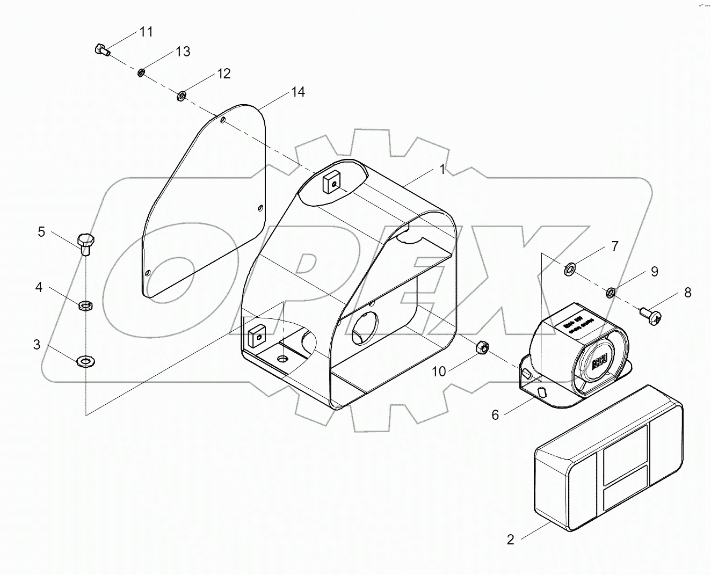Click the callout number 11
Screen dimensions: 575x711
pyautogui.click(x=146, y=32)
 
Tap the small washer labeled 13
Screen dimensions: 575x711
pyautogui.click(x=141, y=72)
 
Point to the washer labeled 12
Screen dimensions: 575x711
pyautogui.click(x=182, y=96)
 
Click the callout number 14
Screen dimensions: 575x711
pyautogui.click(x=298, y=92)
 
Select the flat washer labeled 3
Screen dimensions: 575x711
pyautogui.click(x=85, y=360)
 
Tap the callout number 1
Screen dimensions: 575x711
pyautogui.click(x=442, y=170)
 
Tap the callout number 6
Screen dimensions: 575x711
pyautogui.click(x=495, y=414)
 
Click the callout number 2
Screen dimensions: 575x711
pyautogui.click(x=510, y=540)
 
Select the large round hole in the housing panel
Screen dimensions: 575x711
pyautogui.click(x=365, y=328)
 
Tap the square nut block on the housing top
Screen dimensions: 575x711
pyautogui.click(x=331, y=183)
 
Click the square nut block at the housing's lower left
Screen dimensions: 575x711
pyautogui.click(x=255, y=335)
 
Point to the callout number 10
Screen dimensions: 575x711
pyautogui.click(x=439, y=372)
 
